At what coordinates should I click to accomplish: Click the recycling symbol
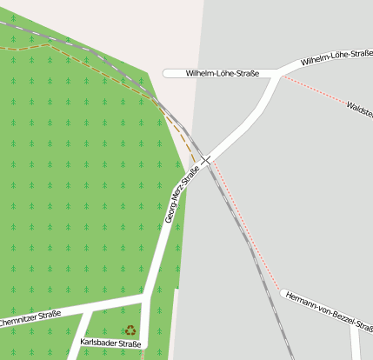pyautogui.click(x=130, y=330)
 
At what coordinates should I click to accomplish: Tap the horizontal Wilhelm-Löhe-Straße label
pyautogui.click(x=223, y=74)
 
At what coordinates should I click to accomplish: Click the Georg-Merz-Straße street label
pyautogui.click(x=182, y=194)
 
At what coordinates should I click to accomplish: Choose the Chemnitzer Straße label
pyautogui.click(x=30, y=318)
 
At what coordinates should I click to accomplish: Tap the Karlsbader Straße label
pyautogui.click(x=110, y=343)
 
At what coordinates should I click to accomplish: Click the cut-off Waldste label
pyautogui.click(x=359, y=110)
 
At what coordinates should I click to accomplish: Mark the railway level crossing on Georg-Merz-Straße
pyautogui.click(x=206, y=160)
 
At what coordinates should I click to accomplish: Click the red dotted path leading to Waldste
pyautogui.click(x=313, y=90)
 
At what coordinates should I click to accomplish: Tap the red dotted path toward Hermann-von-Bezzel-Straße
pyautogui.click(x=247, y=226)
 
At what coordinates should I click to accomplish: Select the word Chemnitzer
pyautogui.click(x=17, y=320)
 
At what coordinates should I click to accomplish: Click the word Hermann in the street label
pyautogui.click(x=300, y=299)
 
